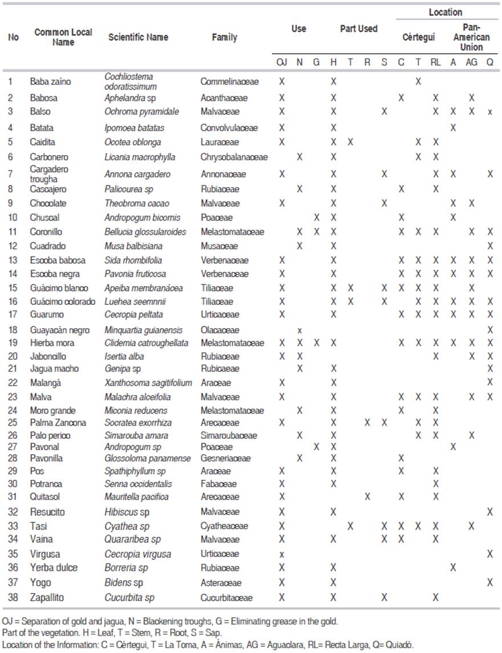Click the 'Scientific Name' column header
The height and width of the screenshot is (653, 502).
point(138,37)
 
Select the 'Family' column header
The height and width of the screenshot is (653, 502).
point(224,37)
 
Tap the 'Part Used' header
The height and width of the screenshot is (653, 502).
point(358,28)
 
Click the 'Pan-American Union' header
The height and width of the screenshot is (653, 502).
point(471,37)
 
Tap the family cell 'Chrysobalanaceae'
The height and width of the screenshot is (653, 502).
point(234,157)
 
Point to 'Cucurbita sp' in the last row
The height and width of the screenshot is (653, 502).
point(129,598)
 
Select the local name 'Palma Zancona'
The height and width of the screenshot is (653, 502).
point(58,423)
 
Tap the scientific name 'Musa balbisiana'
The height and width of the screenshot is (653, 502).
point(133,246)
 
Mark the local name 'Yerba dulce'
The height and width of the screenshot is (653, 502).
point(54,568)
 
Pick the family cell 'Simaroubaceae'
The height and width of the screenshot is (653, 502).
point(228,435)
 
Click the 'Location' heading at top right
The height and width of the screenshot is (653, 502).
point(446,12)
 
